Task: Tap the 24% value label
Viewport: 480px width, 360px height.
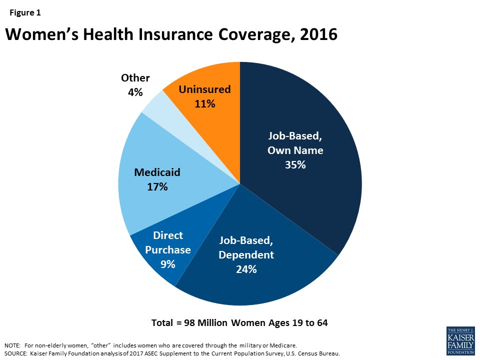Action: (246, 269)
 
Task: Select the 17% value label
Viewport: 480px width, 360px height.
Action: (157, 187)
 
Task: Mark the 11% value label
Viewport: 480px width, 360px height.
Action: (205, 104)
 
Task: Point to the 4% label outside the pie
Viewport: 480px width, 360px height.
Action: (135, 92)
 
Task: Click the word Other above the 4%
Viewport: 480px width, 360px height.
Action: (135, 78)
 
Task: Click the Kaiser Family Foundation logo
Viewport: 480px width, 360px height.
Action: (459, 340)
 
